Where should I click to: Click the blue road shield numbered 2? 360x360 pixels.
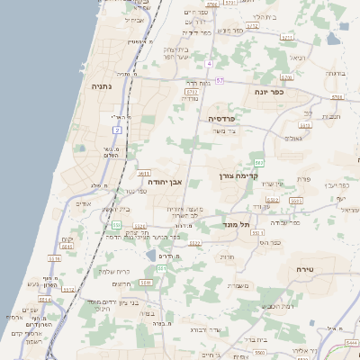(118, 130)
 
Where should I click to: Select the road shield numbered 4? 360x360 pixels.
(208, 65)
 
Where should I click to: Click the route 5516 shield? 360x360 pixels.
(53, 259)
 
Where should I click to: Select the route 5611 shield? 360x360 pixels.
(144, 172)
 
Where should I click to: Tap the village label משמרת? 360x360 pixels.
(238, 286)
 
